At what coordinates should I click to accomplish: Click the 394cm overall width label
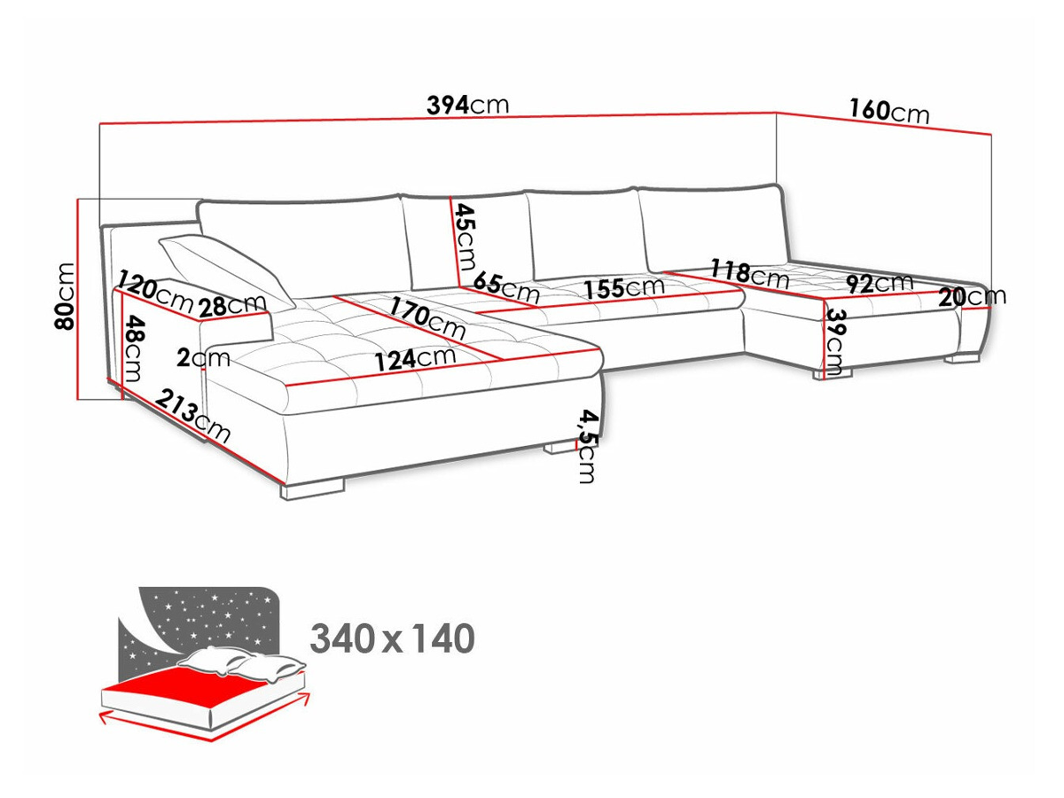tap(468, 106)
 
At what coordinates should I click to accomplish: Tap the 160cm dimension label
tap(889, 112)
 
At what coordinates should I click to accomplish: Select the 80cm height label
tap(65, 296)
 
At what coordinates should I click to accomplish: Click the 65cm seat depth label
tap(506, 288)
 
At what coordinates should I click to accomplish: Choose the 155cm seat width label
tap(624, 288)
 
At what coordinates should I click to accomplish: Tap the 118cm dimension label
tap(749, 274)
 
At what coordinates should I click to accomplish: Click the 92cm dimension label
tap(880, 284)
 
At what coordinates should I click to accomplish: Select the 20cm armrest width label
tap(972, 296)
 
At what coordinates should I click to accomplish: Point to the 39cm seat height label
tap(834, 342)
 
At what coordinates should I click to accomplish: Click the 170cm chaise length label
tap(427, 317)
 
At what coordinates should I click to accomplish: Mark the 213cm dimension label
tap(192, 416)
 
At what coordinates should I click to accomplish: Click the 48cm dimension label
tap(133, 348)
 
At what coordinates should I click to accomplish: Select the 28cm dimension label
tap(232, 305)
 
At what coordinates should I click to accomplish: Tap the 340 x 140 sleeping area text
tap(392, 638)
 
